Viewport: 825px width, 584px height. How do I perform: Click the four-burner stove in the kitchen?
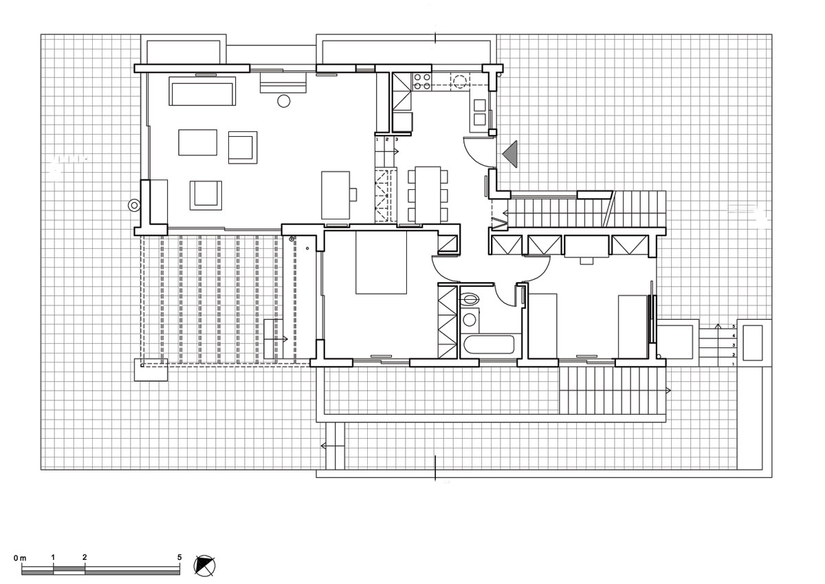click(x=421, y=81)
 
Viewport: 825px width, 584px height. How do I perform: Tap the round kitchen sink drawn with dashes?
click(x=459, y=81)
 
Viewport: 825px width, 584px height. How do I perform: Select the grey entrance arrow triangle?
click(x=511, y=153)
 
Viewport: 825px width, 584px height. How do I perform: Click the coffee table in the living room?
click(x=198, y=143)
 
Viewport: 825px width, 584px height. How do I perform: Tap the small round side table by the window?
click(x=283, y=101)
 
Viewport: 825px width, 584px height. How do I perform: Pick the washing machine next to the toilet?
click(x=471, y=319)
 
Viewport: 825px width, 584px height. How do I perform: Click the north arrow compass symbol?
click(x=206, y=565)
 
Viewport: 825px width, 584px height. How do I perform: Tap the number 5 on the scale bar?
click(x=179, y=556)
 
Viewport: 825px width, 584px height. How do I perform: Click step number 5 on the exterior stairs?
click(x=734, y=325)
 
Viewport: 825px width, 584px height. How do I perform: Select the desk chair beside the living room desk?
click(x=353, y=194)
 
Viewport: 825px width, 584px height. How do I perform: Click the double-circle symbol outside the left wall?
click(x=133, y=205)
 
